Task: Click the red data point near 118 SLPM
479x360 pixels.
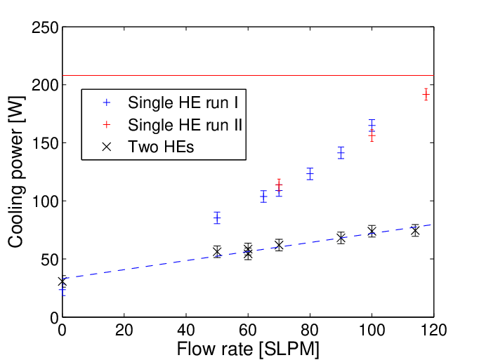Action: coord(426,95)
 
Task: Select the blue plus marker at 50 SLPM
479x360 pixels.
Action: coord(217,218)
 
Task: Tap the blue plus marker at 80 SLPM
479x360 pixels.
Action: coord(310,174)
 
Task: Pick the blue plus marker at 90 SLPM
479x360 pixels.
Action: coord(341,153)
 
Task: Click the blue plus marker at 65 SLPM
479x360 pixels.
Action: coord(263,196)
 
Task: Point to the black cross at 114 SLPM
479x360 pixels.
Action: coord(415,231)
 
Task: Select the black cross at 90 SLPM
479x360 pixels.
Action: coord(341,238)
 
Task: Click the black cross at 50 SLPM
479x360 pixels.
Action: coord(217,252)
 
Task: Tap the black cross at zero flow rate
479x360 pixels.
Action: coord(63,281)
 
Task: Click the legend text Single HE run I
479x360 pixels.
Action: coord(183,102)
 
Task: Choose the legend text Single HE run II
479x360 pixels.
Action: coord(185,125)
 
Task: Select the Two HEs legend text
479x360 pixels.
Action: coord(161,147)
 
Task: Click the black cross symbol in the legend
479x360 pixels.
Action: coord(107,147)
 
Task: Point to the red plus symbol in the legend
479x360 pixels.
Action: coord(107,125)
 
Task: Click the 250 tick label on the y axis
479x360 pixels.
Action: coord(45,28)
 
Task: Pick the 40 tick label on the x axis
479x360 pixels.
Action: coord(185,331)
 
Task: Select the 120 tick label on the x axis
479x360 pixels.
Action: coord(433,331)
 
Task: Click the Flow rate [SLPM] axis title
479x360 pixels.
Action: coord(248,349)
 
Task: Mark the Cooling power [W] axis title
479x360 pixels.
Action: coord(16,172)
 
